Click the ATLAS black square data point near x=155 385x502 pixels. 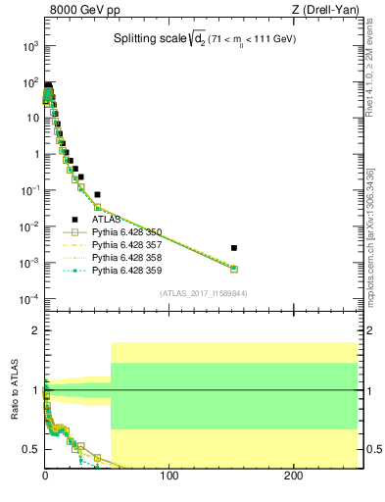pyautogui.click(x=234, y=248)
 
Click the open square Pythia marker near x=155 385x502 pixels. pyautogui.click(x=234, y=269)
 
